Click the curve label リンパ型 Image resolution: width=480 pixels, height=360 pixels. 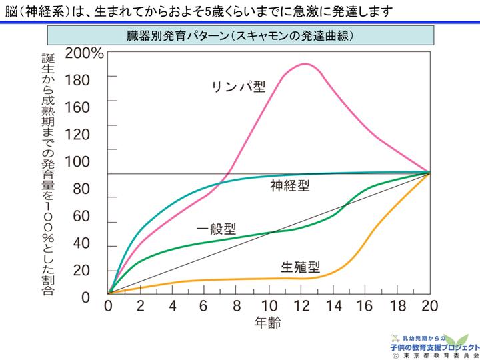239,88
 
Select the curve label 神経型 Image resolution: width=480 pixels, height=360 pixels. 289,186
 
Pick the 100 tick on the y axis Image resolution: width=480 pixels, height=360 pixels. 77,161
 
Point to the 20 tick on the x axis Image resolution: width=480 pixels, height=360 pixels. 429,307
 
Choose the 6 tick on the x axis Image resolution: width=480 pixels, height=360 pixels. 204,307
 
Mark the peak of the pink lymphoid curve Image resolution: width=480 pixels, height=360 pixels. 305,64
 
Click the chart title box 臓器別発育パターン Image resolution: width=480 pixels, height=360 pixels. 240,35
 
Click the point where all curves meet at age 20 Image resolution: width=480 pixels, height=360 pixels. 428,173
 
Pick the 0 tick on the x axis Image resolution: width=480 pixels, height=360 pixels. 108,307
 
